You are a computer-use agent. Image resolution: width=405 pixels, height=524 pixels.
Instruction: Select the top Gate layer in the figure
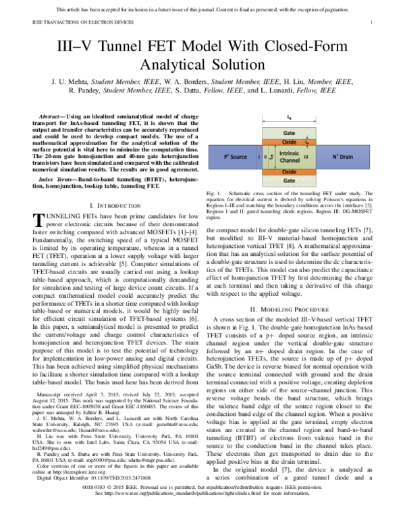coord(289,133)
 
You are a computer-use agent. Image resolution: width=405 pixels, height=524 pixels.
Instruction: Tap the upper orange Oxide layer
coord(289,142)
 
